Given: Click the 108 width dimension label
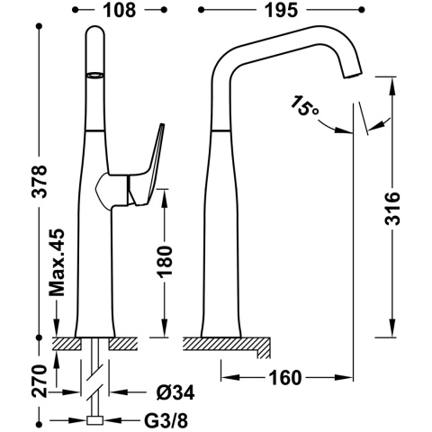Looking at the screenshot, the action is [x=120, y=10].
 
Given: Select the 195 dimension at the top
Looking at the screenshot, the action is [x=282, y=10].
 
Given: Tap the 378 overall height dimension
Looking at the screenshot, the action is [x=40, y=181].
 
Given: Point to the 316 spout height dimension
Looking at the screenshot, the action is [x=392, y=208].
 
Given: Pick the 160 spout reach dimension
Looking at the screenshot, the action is [x=284, y=377].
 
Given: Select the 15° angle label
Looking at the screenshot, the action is [x=304, y=105].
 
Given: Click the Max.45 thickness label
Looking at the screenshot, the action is [x=57, y=262].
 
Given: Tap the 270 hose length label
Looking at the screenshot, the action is [x=40, y=381].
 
